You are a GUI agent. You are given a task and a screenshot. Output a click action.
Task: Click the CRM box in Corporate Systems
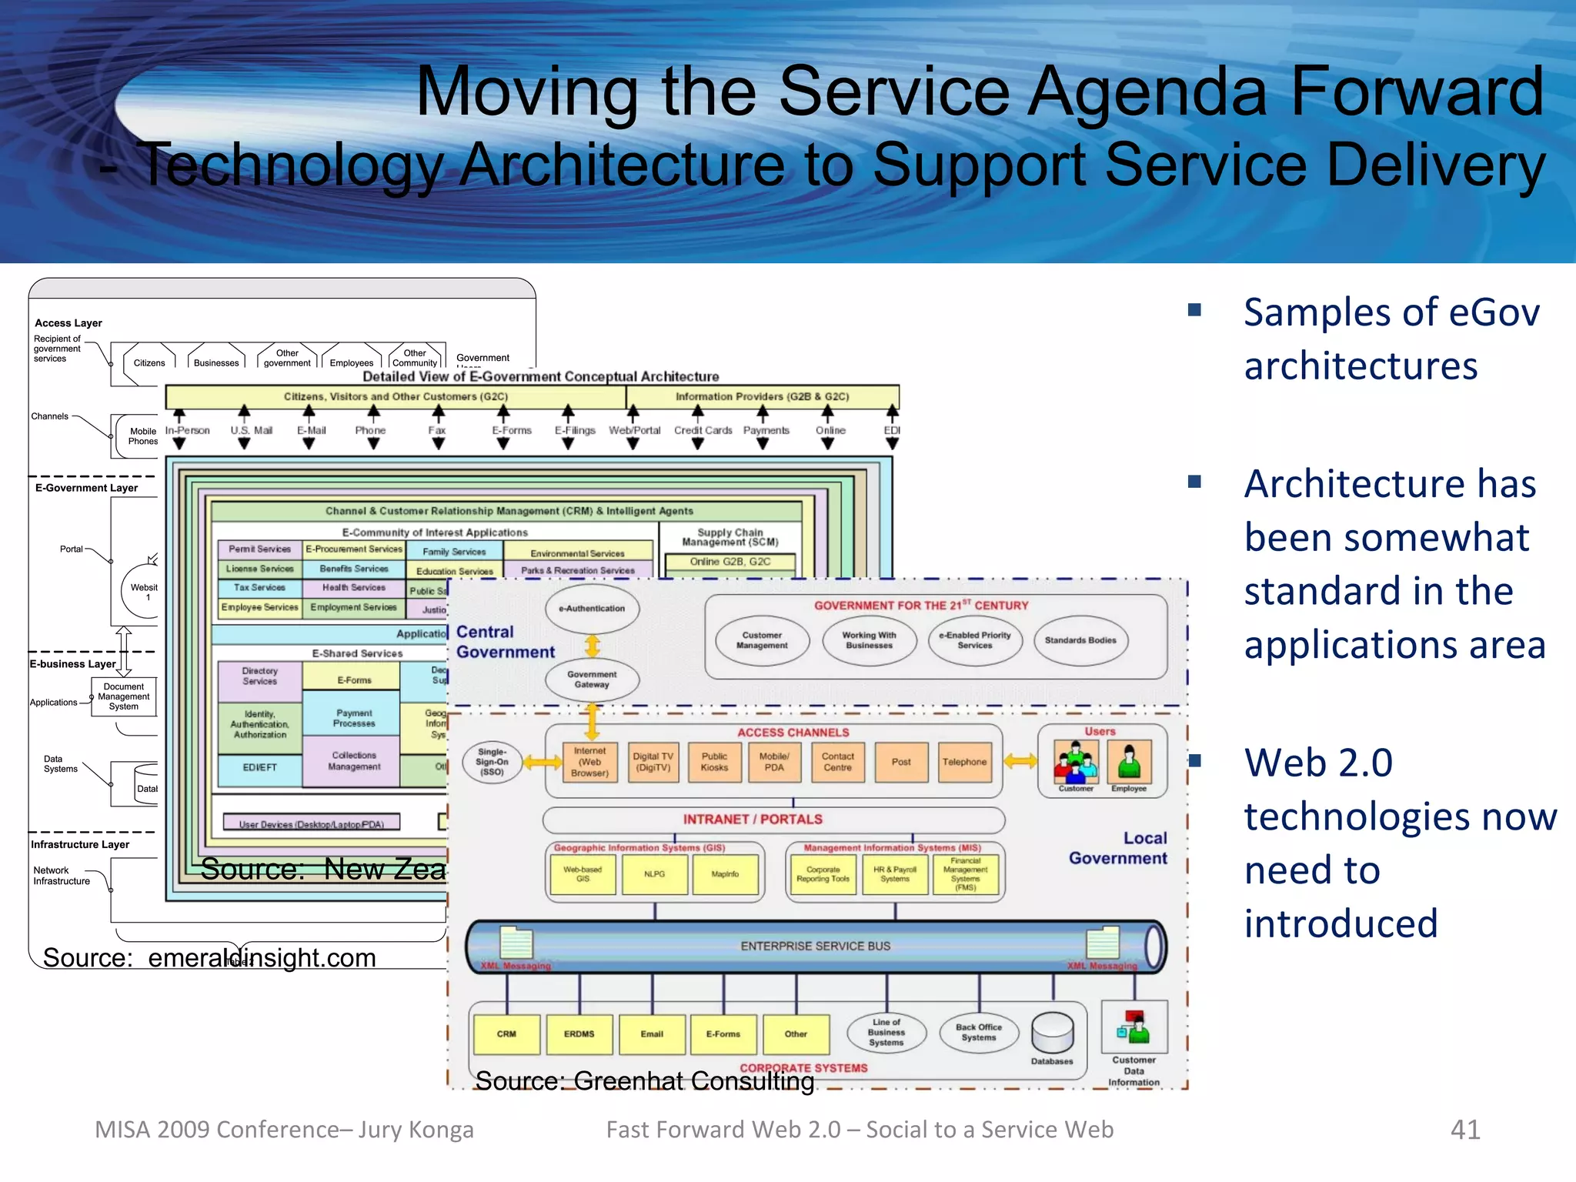(506, 1034)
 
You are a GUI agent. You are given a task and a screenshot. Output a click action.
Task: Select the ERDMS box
(579, 1034)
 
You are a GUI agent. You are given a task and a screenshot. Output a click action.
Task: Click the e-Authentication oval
(592, 609)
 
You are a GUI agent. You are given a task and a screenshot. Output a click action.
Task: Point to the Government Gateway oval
(592, 679)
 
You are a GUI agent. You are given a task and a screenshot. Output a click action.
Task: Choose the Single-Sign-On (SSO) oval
(492, 762)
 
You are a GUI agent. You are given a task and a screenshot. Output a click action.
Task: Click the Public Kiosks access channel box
(714, 762)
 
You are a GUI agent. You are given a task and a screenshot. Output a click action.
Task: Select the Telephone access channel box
(964, 762)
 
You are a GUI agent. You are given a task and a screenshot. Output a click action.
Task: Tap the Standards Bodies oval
(1080, 640)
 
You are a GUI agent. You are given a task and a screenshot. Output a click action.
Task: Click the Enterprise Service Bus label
(815, 946)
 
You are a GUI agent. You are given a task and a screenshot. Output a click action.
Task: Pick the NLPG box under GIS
(654, 874)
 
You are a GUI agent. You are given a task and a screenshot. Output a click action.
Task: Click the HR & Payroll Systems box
(895, 874)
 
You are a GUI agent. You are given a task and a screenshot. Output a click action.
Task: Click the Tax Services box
(259, 588)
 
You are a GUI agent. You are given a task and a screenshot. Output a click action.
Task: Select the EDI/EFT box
(259, 768)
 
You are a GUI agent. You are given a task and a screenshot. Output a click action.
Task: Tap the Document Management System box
(124, 696)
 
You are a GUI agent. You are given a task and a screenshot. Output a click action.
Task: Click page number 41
(1464, 1129)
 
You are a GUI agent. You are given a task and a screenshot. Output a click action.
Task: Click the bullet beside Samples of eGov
(1194, 310)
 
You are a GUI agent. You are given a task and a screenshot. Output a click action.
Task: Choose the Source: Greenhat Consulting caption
(645, 1081)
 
